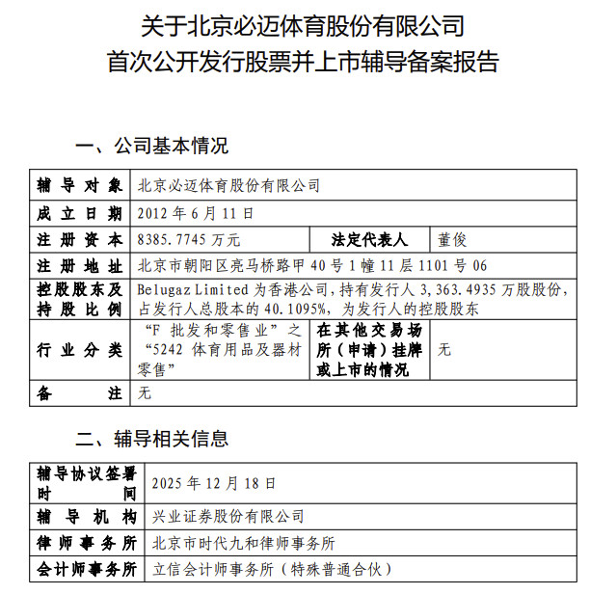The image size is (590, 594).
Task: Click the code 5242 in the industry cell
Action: [x=172, y=350]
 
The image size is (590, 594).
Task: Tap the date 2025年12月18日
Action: [x=214, y=482]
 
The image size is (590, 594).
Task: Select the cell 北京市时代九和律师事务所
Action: [x=244, y=543]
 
